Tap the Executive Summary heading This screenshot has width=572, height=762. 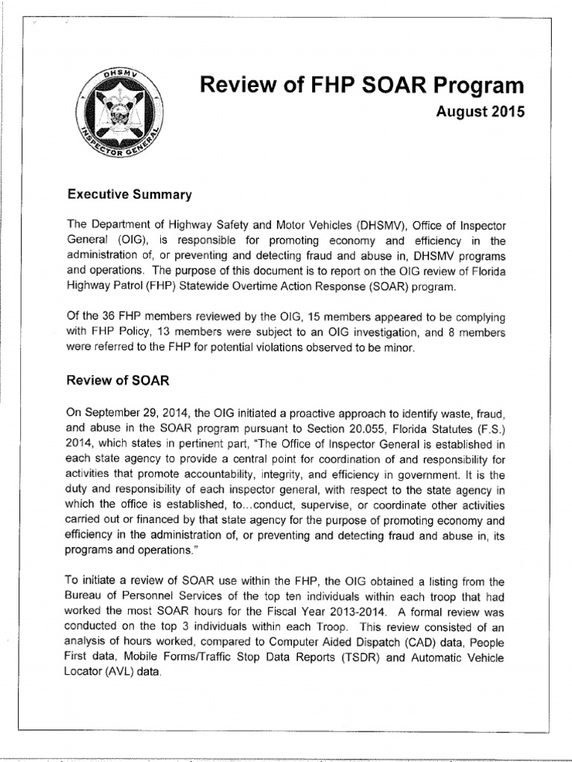pos(130,195)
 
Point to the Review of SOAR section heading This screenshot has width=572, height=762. pos(118,380)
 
